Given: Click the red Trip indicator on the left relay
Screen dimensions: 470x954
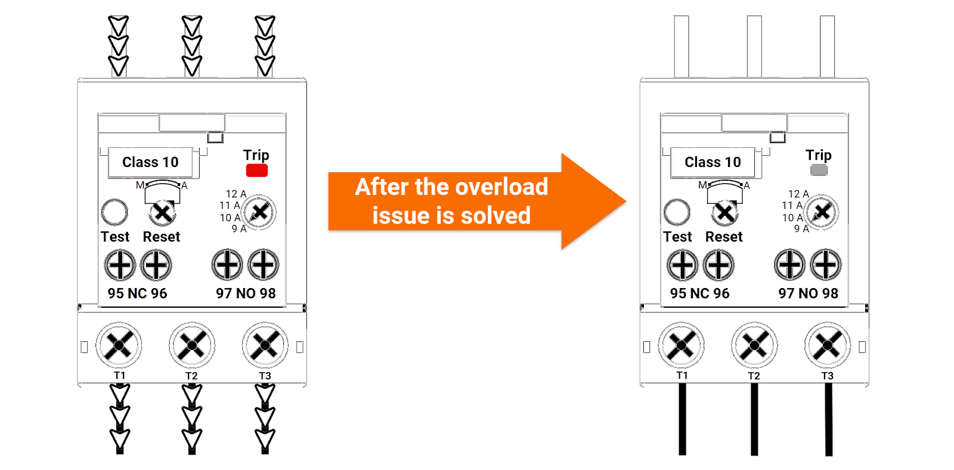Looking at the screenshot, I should [x=256, y=171].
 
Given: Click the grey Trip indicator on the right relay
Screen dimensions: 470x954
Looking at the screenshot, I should [x=819, y=171].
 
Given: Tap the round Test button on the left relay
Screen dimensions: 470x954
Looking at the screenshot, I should [x=114, y=212].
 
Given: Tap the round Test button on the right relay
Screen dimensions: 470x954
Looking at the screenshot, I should [x=677, y=212].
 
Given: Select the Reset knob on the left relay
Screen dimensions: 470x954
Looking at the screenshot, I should [x=162, y=212].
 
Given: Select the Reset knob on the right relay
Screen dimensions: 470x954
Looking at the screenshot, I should [x=724, y=212].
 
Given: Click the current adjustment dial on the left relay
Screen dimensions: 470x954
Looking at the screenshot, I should [x=259, y=212].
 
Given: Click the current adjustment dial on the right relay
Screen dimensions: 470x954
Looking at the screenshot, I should [x=822, y=212].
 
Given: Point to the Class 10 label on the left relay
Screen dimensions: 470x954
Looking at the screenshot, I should [x=150, y=162].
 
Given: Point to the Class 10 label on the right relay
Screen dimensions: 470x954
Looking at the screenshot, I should [x=713, y=162].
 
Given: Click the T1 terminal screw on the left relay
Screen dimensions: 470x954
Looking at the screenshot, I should [x=119, y=345].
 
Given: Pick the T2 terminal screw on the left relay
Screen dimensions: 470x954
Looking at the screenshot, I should [x=192, y=345].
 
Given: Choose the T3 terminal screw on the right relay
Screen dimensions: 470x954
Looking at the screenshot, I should [x=827, y=345].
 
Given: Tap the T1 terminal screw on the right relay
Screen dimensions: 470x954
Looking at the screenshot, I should [x=681, y=345].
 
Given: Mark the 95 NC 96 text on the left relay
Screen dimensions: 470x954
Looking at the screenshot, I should [x=137, y=293].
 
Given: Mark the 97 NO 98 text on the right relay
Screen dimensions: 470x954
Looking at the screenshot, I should [x=808, y=293].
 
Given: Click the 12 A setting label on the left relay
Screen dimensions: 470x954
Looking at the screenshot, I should [x=236, y=194].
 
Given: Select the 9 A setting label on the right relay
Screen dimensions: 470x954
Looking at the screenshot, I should [x=801, y=228].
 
